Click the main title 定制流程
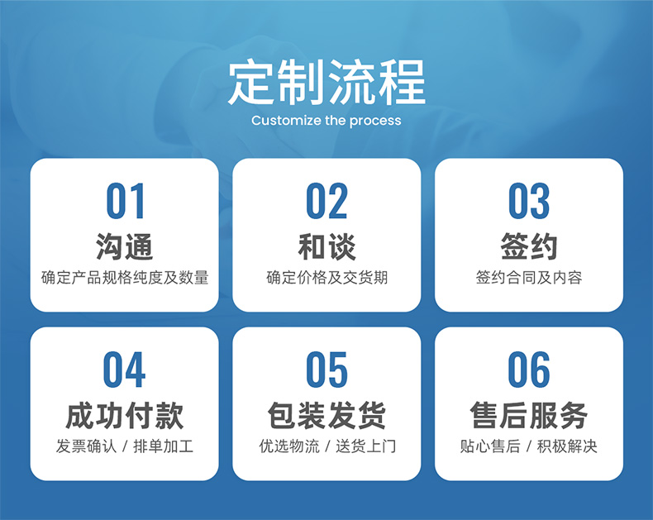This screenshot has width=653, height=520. tap(326, 82)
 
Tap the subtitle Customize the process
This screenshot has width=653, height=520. tap(326, 121)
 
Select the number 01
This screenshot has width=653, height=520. tap(125, 201)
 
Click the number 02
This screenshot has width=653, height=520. tap(326, 201)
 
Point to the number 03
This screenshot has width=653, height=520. tap(529, 201)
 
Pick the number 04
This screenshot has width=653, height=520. tap(124, 370)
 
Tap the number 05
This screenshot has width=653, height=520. tap(326, 370)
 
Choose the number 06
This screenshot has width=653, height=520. tap(529, 370)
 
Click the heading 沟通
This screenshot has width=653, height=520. tap(125, 246)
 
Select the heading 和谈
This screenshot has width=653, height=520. tap(327, 246)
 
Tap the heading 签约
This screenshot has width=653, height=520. tap(529, 246)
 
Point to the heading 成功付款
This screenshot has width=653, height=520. tap(125, 415)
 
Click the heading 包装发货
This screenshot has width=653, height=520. tap(327, 415)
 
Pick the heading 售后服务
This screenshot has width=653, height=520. tap(529, 415)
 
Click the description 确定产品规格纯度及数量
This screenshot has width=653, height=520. tap(125, 278)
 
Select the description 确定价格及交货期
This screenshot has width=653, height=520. tap(327, 278)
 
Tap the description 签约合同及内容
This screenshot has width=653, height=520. tap(529, 278)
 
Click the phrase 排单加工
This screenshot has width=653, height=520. tap(164, 446)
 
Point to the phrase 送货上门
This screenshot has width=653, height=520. tap(365, 446)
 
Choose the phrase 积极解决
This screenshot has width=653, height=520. tap(567, 446)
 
